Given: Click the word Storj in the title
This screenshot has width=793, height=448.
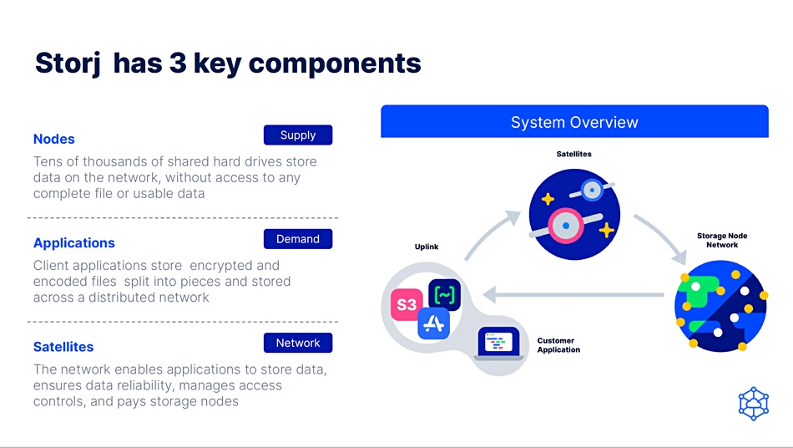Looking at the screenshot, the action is pos(68,64).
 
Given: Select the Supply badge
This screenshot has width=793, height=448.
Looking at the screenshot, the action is pos(298,135).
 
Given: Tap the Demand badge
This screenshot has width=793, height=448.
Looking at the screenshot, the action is pos(298,239).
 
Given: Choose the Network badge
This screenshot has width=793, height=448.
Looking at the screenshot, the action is pos(298,343).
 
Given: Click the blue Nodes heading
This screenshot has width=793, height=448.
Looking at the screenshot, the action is pos(54,139).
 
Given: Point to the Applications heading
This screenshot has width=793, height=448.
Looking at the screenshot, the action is pos(74,243).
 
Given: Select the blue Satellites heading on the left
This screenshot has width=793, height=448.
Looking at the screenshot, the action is pos(63,347).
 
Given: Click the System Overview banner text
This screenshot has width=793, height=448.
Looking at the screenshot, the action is pos(574,122).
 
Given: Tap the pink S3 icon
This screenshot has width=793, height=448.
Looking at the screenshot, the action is pos(407,305).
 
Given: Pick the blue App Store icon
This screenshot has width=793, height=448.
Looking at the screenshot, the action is pos(434,323).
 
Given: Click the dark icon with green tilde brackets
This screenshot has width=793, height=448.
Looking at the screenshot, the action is pos(445,294).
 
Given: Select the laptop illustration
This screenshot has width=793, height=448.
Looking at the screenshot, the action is pos(498,344).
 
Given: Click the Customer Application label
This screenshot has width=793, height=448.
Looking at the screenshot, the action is pos(558,345).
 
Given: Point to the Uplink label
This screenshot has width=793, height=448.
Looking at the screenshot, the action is pos(427,247).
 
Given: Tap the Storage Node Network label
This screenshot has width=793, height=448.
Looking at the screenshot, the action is pos(722,240).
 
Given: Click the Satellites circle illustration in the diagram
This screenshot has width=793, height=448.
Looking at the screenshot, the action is pos(574,214).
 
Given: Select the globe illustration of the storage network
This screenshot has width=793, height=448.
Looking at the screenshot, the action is pos(720,306).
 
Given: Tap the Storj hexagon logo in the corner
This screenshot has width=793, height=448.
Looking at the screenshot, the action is pos(754,404).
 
